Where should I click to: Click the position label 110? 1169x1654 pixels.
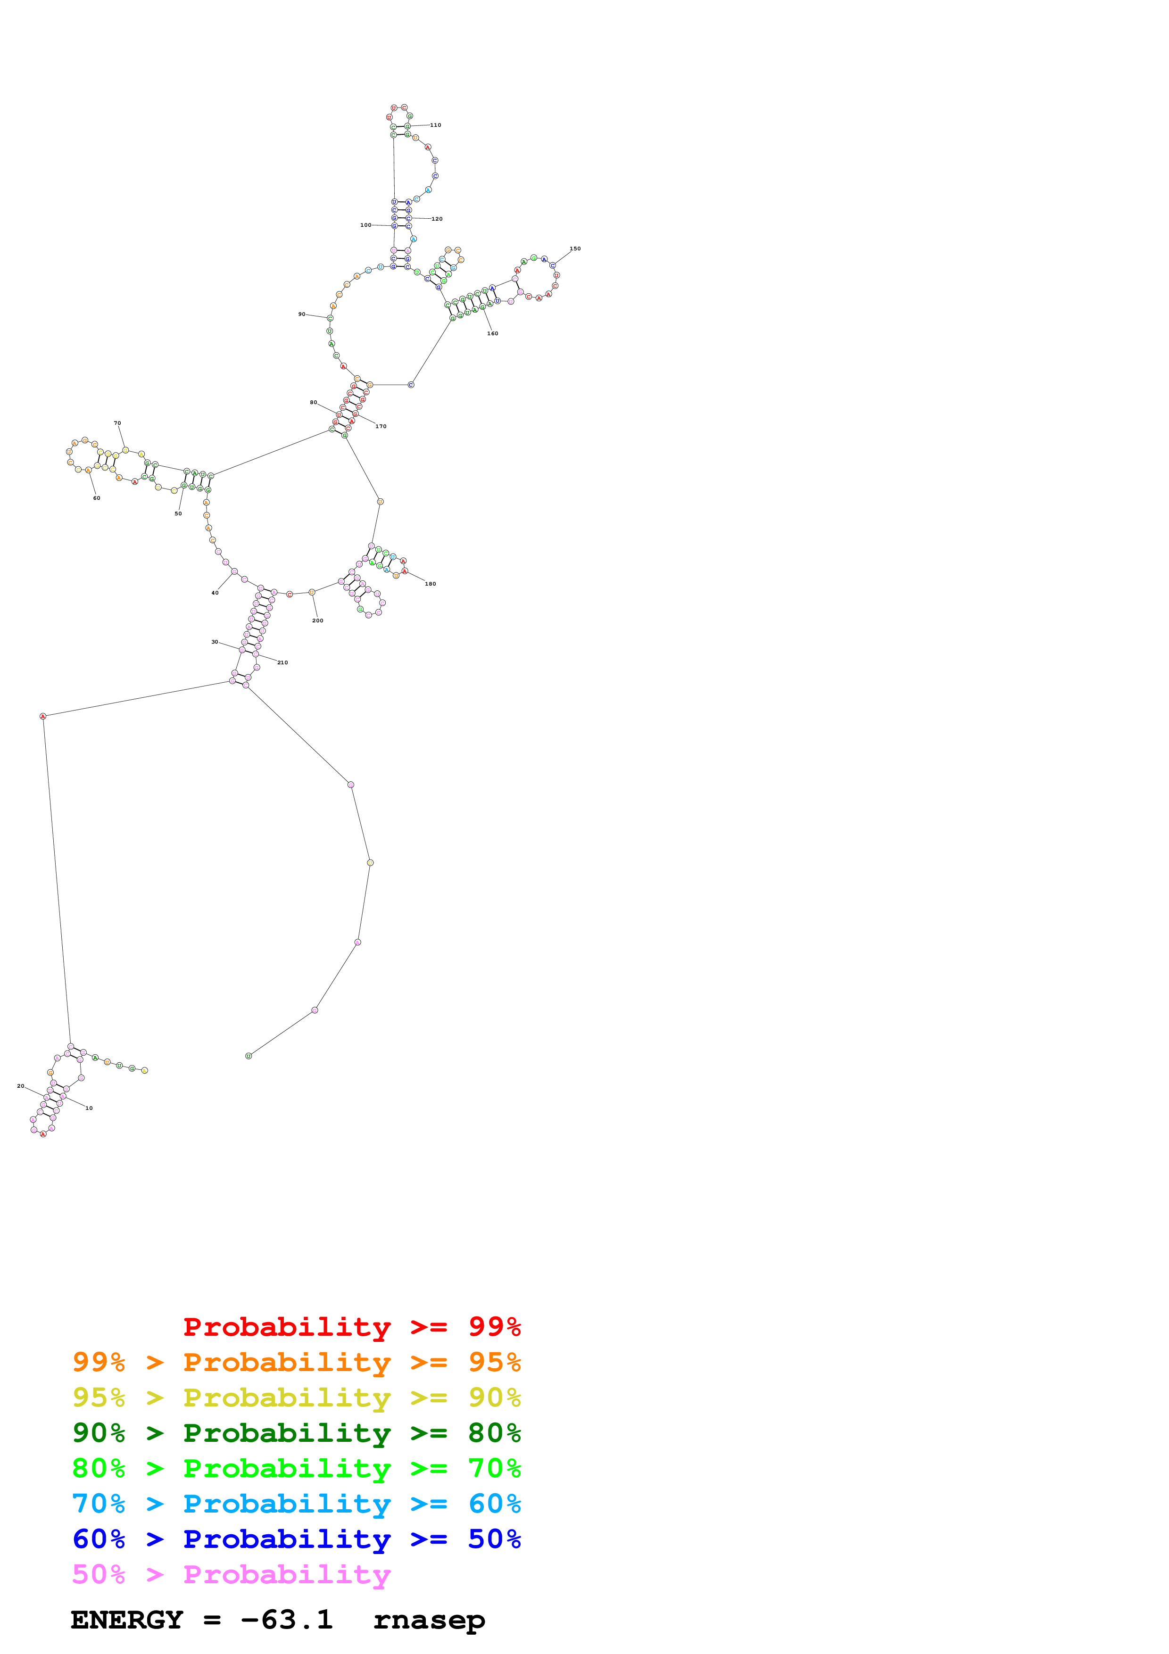[435, 125]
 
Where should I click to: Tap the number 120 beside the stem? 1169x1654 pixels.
[437, 219]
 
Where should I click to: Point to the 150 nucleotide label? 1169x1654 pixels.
[575, 248]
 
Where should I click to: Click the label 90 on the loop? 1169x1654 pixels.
[302, 314]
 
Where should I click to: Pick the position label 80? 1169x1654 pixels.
[313, 403]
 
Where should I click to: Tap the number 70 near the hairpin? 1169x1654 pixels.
[117, 423]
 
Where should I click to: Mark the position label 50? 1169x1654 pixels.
[178, 513]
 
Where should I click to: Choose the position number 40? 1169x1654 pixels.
[215, 593]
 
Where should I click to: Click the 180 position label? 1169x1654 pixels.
[430, 584]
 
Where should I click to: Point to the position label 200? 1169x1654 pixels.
[318, 620]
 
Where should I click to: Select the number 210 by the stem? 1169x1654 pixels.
[282, 663]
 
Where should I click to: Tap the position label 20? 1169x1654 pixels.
[21, 1086]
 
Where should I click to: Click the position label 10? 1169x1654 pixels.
[89, 1108]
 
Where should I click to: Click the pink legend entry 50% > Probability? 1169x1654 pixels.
[231, 1575]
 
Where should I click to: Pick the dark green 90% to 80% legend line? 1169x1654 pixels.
[296, 1433]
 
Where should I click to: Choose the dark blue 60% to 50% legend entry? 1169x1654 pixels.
[296, 1539]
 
